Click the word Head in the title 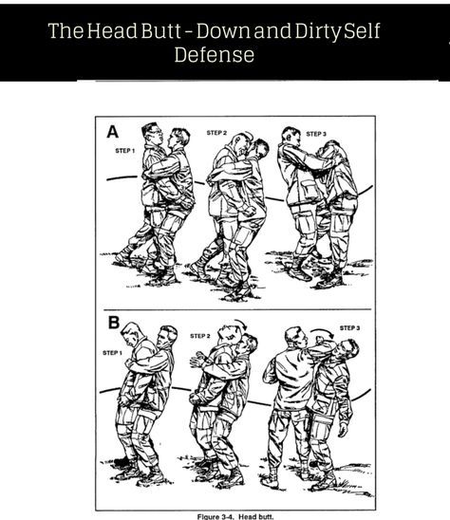112,30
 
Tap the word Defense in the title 215,55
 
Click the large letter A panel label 112,131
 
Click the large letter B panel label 114,322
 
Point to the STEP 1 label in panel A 124,151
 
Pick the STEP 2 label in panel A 216,133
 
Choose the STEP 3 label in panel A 316,134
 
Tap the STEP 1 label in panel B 112,353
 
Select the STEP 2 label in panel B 199,336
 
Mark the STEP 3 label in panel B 349,328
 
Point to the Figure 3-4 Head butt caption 235,516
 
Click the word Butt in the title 161,30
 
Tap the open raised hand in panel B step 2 197,360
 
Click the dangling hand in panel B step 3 343,430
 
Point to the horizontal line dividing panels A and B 237,309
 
